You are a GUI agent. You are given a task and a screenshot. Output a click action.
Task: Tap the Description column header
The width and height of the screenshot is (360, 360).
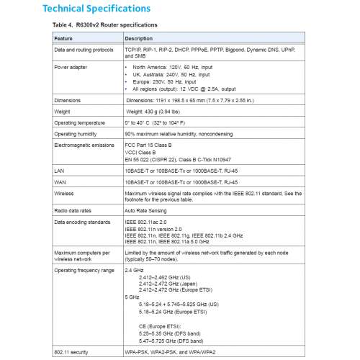coord(140,37)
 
